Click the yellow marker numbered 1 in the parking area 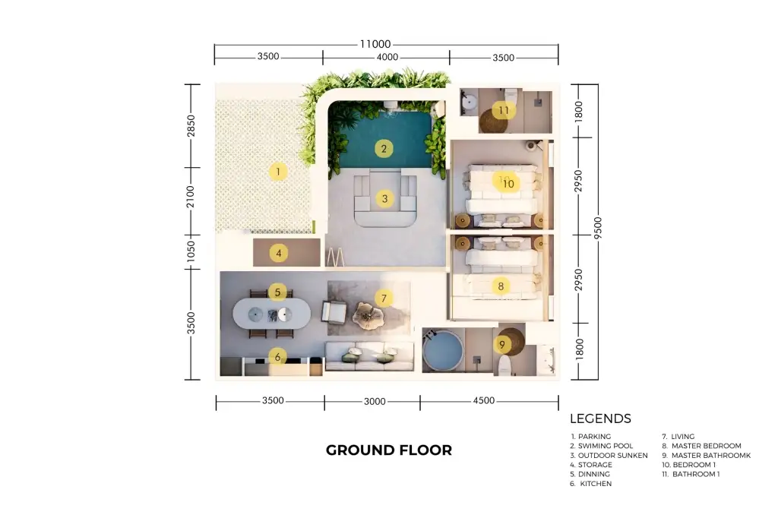tap(278, 172)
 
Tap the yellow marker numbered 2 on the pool tap(384, 148)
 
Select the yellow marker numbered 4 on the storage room tap(278, 253)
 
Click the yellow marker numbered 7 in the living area tap(384, 298)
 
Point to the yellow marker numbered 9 tap(502, 344)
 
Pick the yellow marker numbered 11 tap(504, 110)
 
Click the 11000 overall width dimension tap(375, 44)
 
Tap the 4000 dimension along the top tap(387, 57)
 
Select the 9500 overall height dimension tap(597, 228)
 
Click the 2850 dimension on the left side tap(191, 125)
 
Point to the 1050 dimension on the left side tap(191, 251)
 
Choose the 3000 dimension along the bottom tap(375, 401)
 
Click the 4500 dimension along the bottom tap(484, 400)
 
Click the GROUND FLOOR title tap(389, 450)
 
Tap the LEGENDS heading tap(600, 419)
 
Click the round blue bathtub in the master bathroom tap(442, 350)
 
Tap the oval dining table tap(272, 314)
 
